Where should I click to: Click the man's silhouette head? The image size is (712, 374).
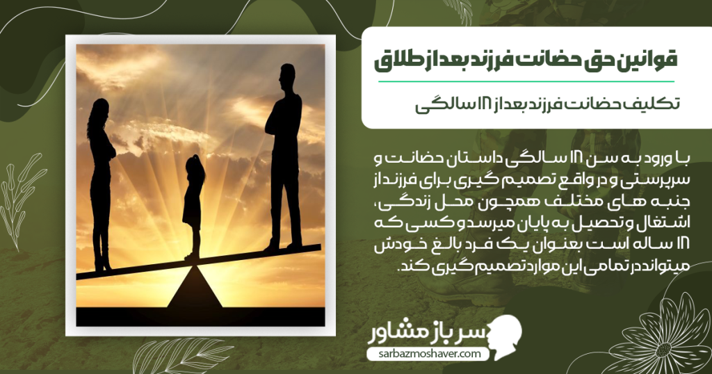(286, 76)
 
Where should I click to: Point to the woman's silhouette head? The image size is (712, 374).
(99, 111)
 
